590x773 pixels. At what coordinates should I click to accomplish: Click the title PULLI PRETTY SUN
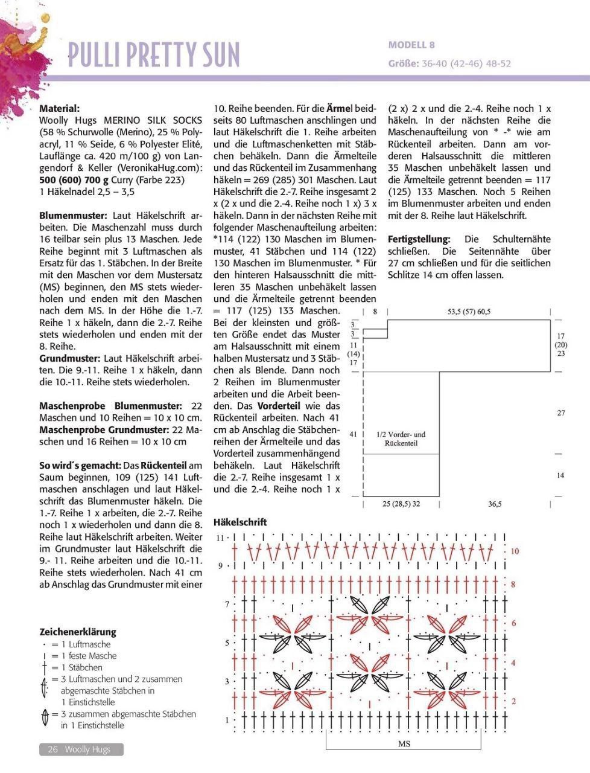pos(154,54)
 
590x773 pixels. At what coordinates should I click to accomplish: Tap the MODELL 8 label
pos(411,45)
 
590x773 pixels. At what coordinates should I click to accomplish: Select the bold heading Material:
pos(59,109)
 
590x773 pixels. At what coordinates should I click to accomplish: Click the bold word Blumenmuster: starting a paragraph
pos(73,216)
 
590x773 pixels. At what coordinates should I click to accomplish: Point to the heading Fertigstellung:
pos(419,240)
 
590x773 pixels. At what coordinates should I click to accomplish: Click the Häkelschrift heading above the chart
pos(240,522)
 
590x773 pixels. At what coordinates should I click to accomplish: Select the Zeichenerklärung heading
pos(78,632)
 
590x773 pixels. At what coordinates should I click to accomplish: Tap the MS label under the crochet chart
pos(404,744)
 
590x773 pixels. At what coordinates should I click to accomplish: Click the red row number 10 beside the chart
pos(515,551)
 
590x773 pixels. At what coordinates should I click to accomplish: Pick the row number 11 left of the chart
pos(220,537)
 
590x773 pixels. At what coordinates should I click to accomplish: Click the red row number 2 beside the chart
pos(513,701)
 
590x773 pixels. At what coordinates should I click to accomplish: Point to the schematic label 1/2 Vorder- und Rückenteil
pos(401,439)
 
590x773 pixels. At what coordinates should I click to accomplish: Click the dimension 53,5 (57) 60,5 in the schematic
pos(469,312)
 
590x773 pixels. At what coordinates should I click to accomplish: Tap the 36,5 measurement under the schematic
pos(495,504)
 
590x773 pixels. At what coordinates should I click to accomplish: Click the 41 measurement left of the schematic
pos(354,434)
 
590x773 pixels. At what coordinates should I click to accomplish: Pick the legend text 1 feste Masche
pos(89,656)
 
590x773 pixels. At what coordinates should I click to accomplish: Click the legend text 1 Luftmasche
pos(86,644)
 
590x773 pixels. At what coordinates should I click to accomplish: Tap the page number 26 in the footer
pos(52,749)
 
